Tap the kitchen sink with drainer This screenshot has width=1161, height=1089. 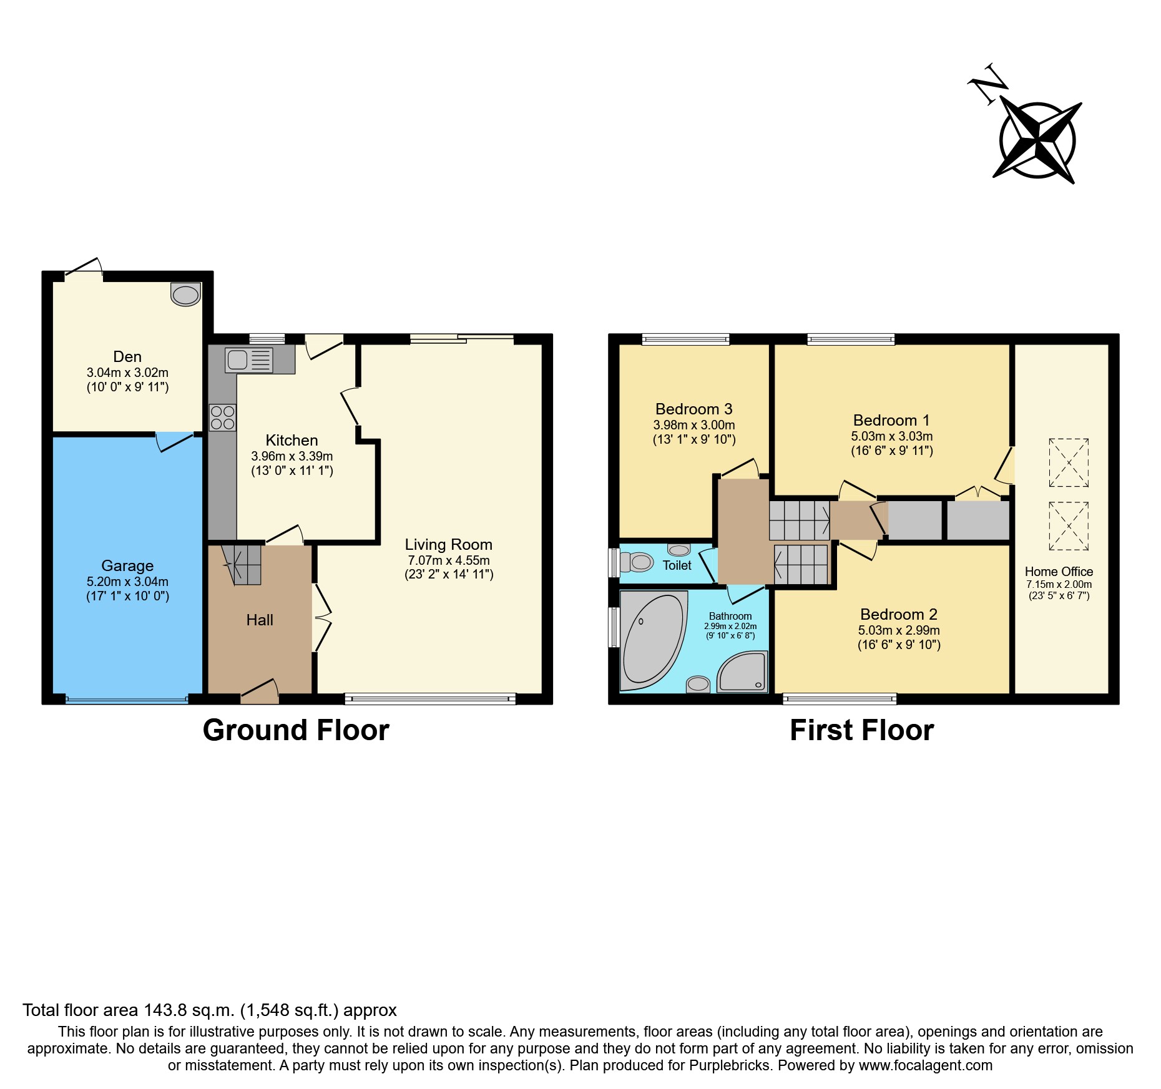[249, 360]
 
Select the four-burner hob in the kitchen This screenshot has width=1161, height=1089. [222, 418]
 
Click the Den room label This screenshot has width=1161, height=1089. [127, 356]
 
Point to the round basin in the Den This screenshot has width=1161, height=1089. [185, 295]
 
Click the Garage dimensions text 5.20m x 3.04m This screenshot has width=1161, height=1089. [127, 582]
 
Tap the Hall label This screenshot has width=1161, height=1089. [260, 620]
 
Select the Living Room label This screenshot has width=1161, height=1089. [448, 545]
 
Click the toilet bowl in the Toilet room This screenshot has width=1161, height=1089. [638, 562]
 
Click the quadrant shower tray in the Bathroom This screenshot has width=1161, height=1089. [743, 673]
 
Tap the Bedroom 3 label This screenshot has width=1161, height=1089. [693, 409]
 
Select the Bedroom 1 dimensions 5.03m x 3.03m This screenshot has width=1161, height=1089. [891, 436]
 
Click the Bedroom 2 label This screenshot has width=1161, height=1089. [898, 615]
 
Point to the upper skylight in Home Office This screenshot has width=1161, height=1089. [1069, 462]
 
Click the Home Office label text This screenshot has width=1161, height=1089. [1059, 572]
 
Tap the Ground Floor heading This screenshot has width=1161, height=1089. [296, 730]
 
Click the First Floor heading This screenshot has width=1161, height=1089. [861, 730]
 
